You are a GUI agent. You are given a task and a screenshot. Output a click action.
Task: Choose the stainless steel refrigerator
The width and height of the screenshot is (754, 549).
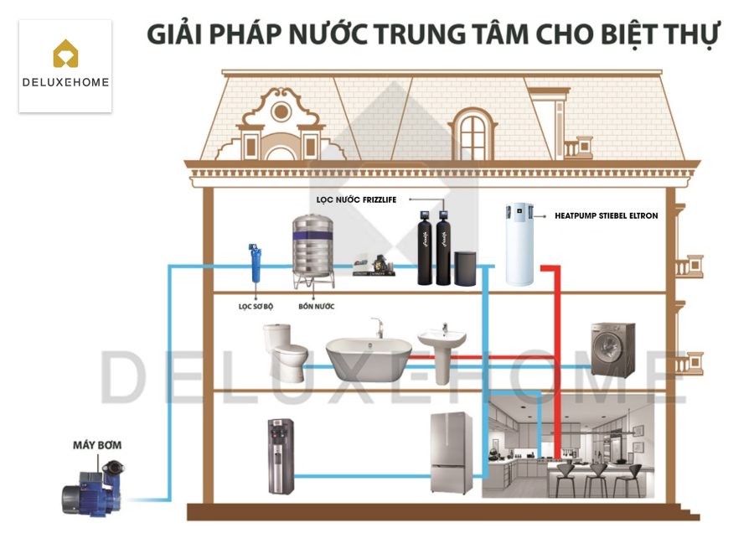click(x=452, y=453)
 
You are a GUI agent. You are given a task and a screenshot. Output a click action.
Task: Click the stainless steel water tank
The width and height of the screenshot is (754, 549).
click(x=312, y=250)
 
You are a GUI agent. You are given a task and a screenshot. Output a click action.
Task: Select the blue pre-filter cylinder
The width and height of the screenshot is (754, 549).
click(x=252, y=263)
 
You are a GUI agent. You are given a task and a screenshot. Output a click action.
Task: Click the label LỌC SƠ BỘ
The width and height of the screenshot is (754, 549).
click(x=256, y=306)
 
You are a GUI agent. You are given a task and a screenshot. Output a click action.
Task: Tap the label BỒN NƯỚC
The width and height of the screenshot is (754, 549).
click(x=316, y=306)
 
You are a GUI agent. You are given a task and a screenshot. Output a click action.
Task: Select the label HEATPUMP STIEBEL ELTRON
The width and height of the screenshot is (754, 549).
click(x=607, y=215)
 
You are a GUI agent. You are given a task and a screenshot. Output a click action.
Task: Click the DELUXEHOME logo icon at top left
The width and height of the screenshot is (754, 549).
click(x=65, y=55)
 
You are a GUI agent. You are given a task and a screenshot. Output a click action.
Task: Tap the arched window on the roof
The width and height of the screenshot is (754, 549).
click(x=473, y=132)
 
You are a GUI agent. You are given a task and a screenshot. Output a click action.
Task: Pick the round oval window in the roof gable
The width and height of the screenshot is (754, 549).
click(x=281, y=111)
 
